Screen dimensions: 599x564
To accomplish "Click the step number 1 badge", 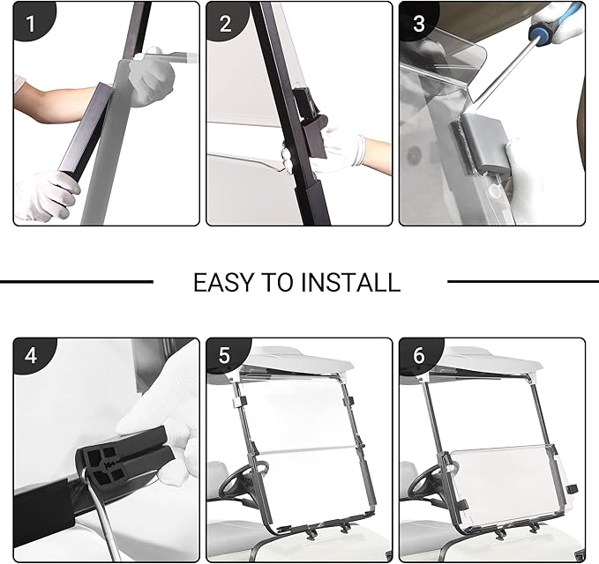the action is (32, 22).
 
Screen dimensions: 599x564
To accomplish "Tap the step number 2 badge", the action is (225, 22).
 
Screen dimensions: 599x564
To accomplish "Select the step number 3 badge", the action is (419, 22).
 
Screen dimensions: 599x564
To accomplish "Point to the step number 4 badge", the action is (32, 356).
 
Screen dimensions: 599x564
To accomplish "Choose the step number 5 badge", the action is (225, 356).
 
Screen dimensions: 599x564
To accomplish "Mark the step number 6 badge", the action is (419, 356).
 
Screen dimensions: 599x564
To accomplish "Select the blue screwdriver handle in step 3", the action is (544, 27).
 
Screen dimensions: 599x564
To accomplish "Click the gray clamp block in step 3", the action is (483, 145).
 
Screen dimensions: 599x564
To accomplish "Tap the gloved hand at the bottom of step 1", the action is (47, 196).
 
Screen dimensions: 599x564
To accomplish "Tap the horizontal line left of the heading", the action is (77, 282).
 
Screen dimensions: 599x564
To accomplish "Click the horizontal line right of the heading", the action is (523, 282).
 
